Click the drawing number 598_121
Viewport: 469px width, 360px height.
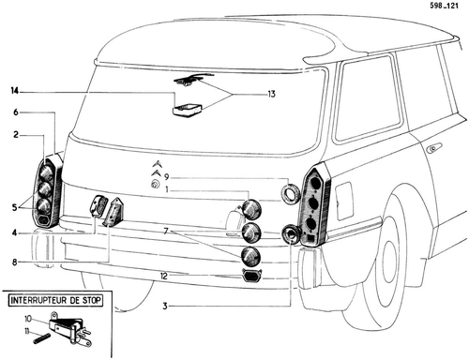point(444,6)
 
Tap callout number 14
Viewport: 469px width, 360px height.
point(15,91)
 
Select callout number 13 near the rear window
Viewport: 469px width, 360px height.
point(271,94)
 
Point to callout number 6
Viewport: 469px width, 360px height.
point(16,112)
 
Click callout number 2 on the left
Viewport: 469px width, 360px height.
point(16,135)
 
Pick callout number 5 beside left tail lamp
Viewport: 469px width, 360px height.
point(15,207)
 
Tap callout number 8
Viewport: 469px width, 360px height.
point(15,262)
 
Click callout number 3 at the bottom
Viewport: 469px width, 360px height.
point(165,306)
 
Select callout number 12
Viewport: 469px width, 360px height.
point(164,276)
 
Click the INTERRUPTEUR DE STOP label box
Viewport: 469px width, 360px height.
point(55,301)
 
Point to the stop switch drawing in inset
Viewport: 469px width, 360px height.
point(71,330)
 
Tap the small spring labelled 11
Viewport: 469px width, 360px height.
point(41,338)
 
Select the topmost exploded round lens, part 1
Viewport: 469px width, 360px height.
point(252,209)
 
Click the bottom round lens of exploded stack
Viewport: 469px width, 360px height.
point(251,256)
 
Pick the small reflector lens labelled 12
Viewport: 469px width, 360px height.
point(252,277)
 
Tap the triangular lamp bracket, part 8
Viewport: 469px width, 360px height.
point(113,212)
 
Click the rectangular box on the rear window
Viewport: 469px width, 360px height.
point(187,111)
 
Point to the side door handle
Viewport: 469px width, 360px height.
point(434,147)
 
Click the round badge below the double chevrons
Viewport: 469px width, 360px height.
point(155,185)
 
